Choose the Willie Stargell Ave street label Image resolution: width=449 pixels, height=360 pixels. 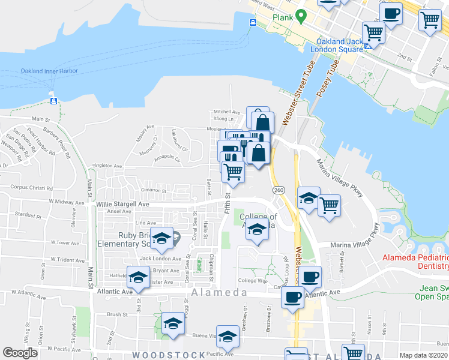point(122,204)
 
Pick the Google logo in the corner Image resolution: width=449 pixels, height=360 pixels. point(20,353)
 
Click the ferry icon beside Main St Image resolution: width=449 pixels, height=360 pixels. point(54,100)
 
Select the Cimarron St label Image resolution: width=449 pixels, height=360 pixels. point(153,190)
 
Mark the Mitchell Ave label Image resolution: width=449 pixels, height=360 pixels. point(227,112)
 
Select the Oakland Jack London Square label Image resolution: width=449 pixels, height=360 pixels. point(340,45)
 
